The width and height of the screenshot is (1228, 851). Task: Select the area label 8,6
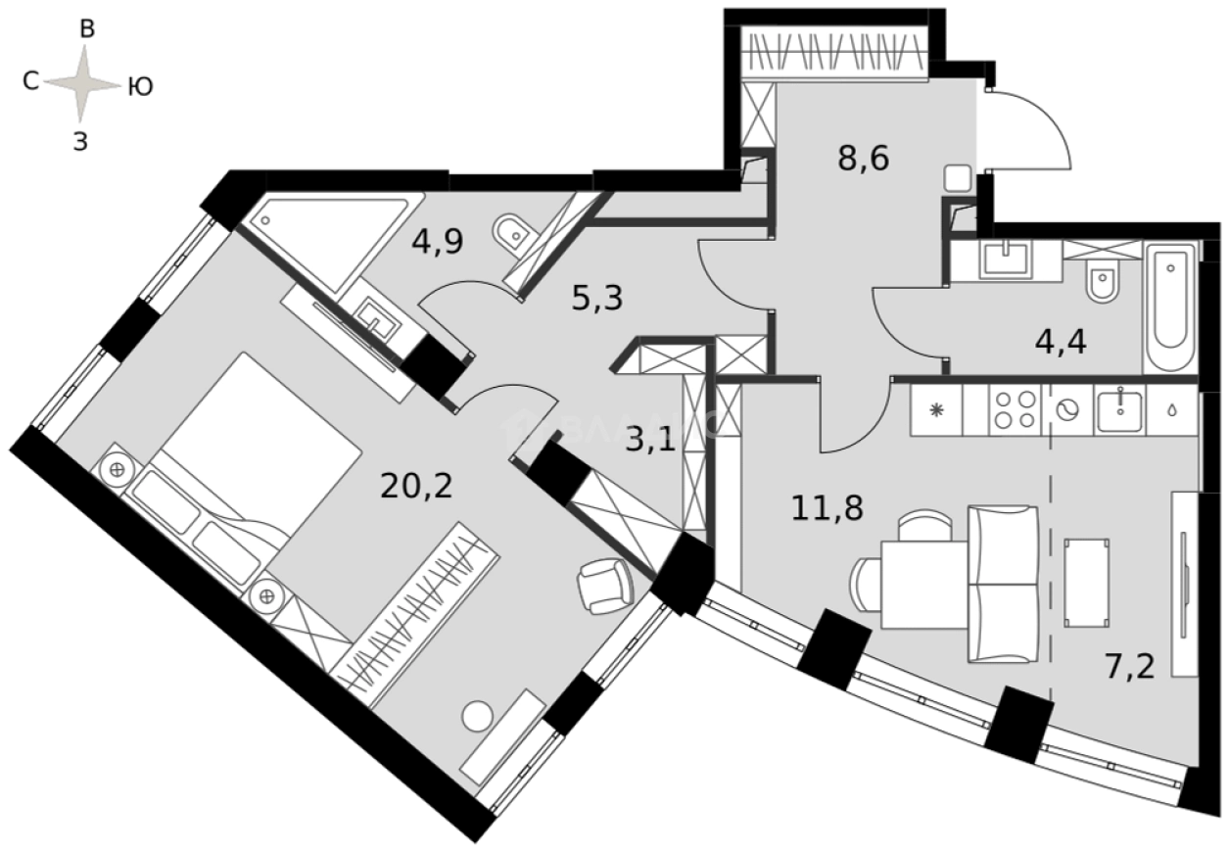[x=863, y=158]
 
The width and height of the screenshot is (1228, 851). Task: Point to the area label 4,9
[x=437, y=241]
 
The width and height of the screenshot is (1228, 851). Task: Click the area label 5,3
[x=597, y=297]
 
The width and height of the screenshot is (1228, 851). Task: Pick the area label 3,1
[x=650, y=441]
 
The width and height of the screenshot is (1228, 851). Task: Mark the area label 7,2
[x=1129, y=667]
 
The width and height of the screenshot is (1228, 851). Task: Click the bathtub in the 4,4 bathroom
[x=1170, y=305]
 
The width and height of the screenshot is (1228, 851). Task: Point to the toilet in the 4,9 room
[x=510, y=233]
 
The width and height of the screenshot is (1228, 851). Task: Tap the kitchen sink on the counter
[x=1116, y=408]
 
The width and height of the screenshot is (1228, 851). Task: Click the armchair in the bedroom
[x=604, y=585]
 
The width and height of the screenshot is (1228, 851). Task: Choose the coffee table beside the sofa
[x=1086, y=582]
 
